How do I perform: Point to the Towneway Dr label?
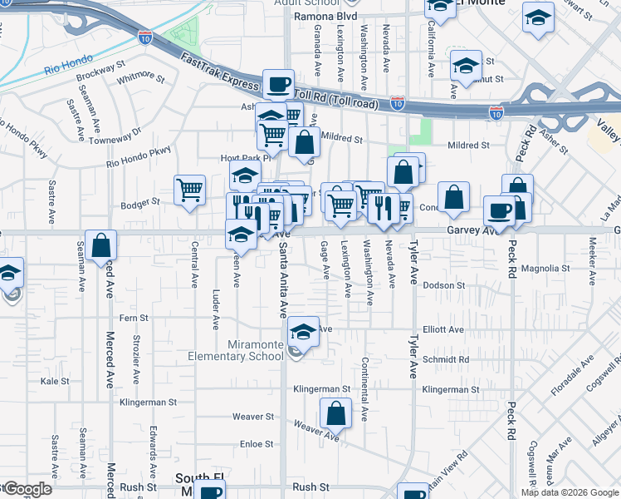(x=115, y=136)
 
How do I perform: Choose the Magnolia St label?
(x=545, y=269)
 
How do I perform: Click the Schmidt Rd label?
(x=446, y=360)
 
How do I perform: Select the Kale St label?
(x=55, y=381)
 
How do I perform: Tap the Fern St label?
(x=134, y=318)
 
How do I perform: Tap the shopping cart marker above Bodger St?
(x=190, y=190)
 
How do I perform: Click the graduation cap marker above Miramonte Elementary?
(x=304, y=332)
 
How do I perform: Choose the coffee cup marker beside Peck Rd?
(x=498, y=210)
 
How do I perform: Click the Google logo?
(x=27, y=489)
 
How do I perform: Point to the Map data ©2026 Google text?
(x=570, y=492)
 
